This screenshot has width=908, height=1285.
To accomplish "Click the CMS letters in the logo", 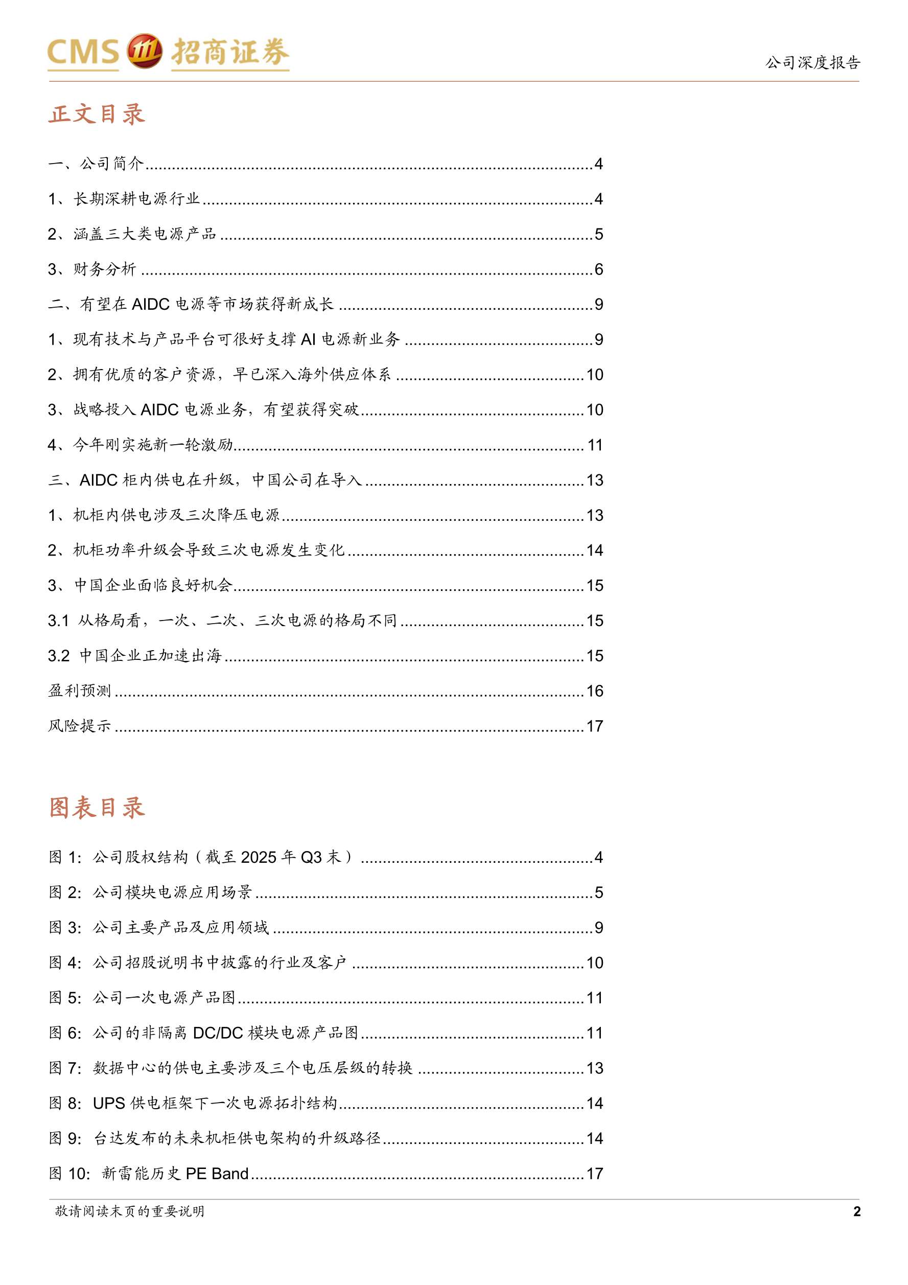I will (83, 53).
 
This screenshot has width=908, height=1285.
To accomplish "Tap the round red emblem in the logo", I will (144, 52).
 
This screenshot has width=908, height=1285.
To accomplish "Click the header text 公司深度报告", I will (812, 62).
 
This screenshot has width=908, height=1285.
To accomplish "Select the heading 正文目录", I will (97, 114).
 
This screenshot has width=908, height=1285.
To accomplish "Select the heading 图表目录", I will (97, 808).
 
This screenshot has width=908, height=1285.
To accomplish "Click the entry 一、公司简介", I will (96, 164).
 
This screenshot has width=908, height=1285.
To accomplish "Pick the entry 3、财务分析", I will (92, 269).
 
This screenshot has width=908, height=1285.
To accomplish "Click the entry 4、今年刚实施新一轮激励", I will (141, 445).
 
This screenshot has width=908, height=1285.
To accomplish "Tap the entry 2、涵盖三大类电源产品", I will (132, 234).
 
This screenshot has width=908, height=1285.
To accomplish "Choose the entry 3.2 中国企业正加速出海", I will (135, 655).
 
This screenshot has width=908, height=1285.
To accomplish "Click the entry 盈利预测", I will (79, 691).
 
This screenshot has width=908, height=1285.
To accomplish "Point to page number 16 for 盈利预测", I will (595, 691).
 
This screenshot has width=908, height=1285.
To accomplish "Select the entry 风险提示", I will (79, 726).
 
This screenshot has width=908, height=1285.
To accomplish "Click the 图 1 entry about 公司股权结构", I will (201, 857).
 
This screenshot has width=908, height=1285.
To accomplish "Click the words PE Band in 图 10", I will (217, 1174).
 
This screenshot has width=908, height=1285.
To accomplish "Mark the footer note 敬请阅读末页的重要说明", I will (130, 1211).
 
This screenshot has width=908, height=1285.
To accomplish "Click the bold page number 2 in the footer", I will (856, 1212).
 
